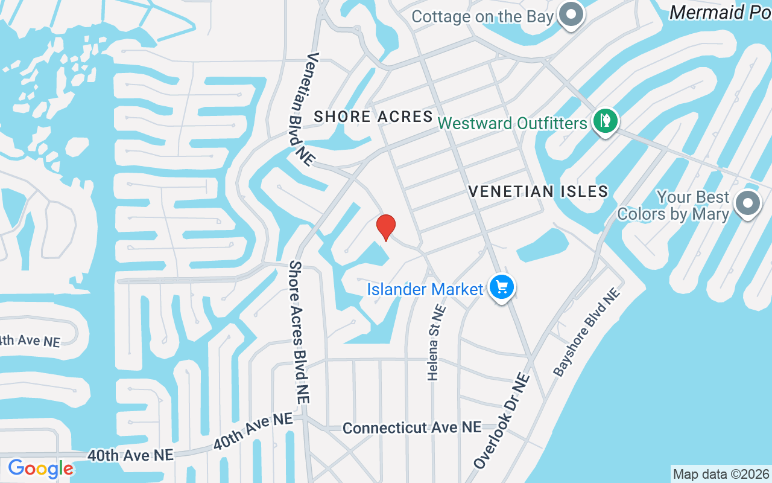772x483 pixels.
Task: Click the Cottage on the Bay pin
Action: point(571,14)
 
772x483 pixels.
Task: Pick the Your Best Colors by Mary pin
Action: point(747,203)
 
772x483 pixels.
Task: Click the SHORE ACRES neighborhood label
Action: point(373,117)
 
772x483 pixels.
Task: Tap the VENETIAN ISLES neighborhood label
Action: point(538,191)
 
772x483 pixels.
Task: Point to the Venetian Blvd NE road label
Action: point(302,109)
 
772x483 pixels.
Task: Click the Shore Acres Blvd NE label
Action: point(299,332)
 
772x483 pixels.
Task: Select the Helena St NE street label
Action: point(436,342)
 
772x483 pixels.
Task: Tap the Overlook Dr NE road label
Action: point(502,421)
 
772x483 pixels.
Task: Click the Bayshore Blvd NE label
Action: point(587,332)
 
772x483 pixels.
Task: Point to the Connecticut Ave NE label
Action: point(412,427)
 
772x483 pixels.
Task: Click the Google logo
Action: point(40,469)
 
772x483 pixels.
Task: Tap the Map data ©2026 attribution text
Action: point(721,474)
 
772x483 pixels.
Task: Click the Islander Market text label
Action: point(425,290)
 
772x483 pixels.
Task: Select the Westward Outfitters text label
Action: point(512,123)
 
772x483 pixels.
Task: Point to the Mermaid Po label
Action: point(720,12)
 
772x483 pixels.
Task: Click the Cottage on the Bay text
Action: point(482,16)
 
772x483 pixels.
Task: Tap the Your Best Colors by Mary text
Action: point(674,206)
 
